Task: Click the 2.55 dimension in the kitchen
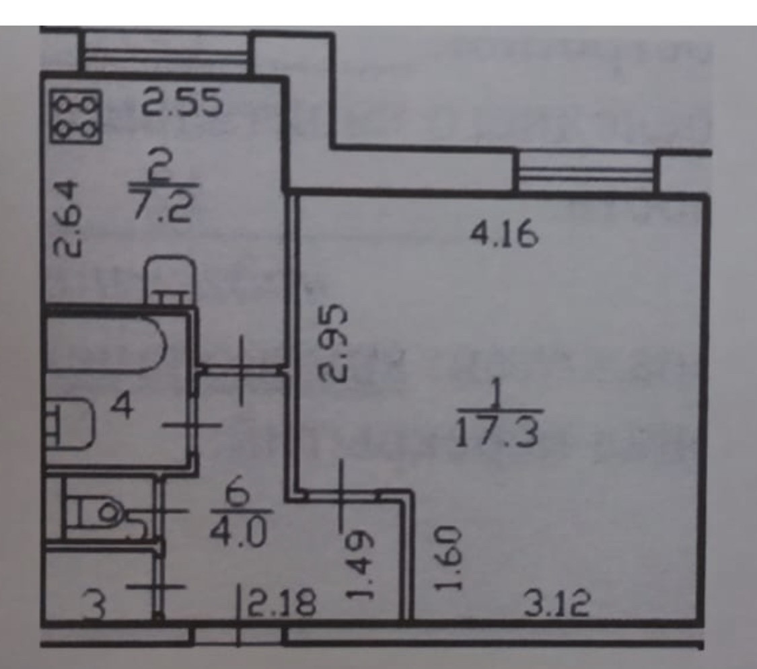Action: [181, 104]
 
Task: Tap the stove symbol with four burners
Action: [75, 117]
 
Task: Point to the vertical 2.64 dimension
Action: [69, 217]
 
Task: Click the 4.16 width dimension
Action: [504, 237]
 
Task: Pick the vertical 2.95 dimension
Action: [334, 344]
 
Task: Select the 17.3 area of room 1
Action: [497, 432]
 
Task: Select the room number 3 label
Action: [98, 607]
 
